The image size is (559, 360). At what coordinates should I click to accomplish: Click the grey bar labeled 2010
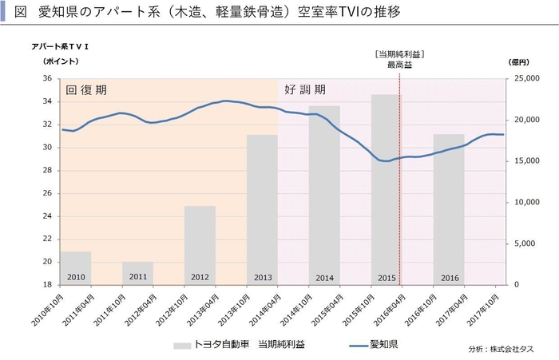pos(76,267)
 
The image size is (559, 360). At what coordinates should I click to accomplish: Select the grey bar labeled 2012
pos(200,244)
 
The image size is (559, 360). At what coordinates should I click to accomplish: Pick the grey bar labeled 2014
pos(324,195)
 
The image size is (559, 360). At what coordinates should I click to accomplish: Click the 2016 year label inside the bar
pos(449,277)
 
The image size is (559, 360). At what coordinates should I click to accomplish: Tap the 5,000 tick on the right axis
pos(523,243)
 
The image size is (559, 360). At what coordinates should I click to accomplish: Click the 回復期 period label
pos(85,90)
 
